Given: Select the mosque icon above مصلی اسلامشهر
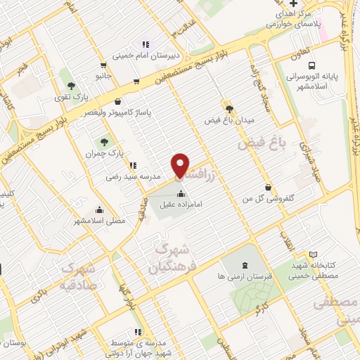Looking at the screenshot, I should click(99, 209).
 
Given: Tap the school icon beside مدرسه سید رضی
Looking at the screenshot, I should click(133, 166).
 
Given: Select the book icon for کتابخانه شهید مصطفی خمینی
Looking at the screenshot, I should click(313, 255).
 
